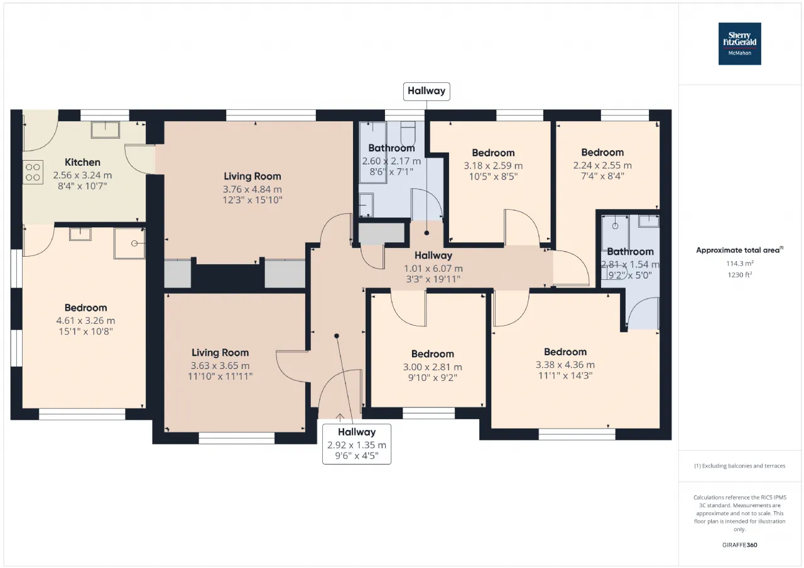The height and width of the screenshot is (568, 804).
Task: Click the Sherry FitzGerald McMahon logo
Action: (x=739, y=44)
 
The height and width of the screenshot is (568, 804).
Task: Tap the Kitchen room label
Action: (x=82, y=162)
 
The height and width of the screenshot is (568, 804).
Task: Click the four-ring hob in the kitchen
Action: (x=33, y=172)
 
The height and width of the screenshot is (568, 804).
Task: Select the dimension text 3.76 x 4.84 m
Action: (x=253, y=190)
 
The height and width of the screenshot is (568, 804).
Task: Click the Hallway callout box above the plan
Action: (x=426, y=92)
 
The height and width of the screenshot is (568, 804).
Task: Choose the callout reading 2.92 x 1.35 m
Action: (x=357, y=444)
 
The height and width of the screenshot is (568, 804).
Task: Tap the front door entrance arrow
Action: (x=340, y=417)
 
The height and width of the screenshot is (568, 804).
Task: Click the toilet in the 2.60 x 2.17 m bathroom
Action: (x=408, y=132)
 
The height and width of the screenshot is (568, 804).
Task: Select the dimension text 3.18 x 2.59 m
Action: (x=493, y=166)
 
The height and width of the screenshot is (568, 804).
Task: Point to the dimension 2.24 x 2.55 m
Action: (x=602, y=165)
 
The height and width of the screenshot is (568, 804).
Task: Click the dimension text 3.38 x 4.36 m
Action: (x=565, y=365)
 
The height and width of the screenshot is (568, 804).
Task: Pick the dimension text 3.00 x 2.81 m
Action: (x=433, y=367)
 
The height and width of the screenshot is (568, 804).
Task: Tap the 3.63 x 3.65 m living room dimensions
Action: (x=220, y=366)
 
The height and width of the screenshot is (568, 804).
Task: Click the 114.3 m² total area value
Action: (x=740, y=263)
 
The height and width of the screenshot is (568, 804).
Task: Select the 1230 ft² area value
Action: (x=740, y=275)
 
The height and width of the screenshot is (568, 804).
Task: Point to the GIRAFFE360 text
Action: (x=740, y=545)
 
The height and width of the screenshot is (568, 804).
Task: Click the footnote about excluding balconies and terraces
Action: (x=740, y=466)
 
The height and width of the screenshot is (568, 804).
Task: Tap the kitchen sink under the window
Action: (x=105, y=130)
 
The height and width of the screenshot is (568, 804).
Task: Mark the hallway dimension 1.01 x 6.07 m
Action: (x=433, y=268)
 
